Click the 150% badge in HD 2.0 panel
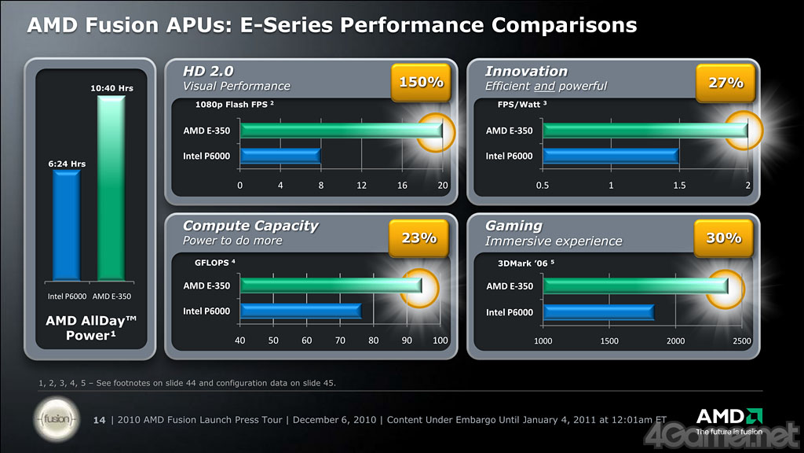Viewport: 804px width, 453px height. (422, 82)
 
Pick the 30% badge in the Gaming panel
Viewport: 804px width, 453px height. (723, 237)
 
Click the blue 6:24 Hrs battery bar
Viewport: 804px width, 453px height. (67, 224)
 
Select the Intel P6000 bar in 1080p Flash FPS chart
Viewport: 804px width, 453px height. (280, 156)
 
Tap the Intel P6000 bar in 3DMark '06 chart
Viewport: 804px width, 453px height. (598, 312)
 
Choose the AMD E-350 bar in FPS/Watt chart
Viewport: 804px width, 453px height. (645, 131)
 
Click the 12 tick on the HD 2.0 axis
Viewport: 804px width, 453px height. (362, 185)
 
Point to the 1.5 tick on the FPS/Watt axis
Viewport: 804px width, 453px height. (679, 185)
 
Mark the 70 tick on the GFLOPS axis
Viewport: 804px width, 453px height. (340, 341)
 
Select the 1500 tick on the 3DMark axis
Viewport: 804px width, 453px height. (609, 341)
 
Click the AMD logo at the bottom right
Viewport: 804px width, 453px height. (728, 417)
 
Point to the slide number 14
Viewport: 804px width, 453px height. (99, 419)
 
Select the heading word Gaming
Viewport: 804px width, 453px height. (513, 226)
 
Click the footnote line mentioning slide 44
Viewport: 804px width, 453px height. (187, 383)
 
